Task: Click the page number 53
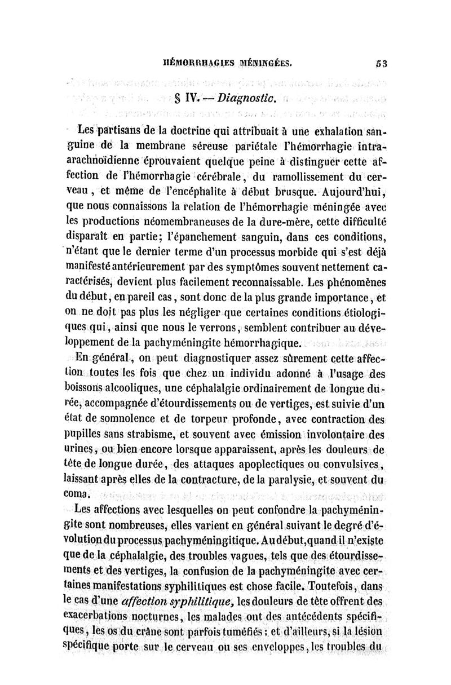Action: point(382,63)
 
